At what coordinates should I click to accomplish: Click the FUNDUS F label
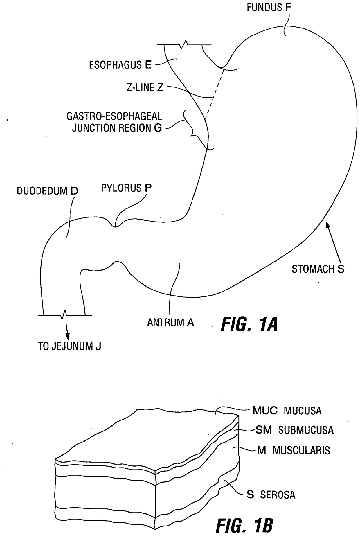point(269,8)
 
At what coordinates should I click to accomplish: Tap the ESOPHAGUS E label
point(120,65)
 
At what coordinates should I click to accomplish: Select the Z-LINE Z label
point(145,87)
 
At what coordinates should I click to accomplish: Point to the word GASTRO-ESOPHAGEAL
point(114,116)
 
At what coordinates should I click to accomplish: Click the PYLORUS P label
point(126,188)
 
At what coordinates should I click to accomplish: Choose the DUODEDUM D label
point(47,191)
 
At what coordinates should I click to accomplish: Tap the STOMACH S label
point(318,269)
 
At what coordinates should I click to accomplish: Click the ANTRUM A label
point(170,323)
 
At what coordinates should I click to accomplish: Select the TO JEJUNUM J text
point(69,346)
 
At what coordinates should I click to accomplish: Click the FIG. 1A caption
point(249,325)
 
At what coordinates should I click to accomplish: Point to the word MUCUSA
point(303,411)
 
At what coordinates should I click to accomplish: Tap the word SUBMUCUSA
point(306,430)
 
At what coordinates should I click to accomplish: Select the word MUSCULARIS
point(301,450)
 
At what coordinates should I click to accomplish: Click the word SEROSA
point(278,495)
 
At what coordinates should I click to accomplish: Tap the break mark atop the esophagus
point(184,44)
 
